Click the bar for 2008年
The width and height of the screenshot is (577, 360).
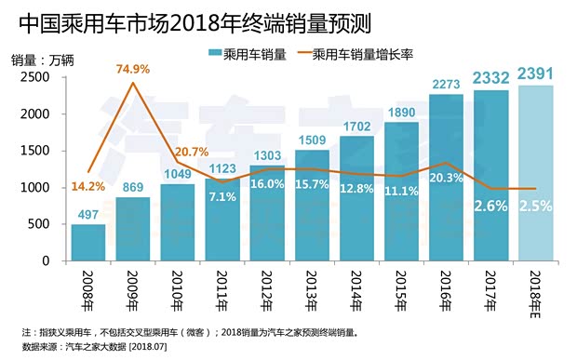[88, 243]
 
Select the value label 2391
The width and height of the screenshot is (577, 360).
[536, 74]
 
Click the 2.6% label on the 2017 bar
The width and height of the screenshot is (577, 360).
[490, 207]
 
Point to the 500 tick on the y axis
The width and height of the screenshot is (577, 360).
[40, 224]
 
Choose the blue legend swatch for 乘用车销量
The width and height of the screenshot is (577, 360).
[214, 53]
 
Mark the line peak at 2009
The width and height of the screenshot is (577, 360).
[133, 83]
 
